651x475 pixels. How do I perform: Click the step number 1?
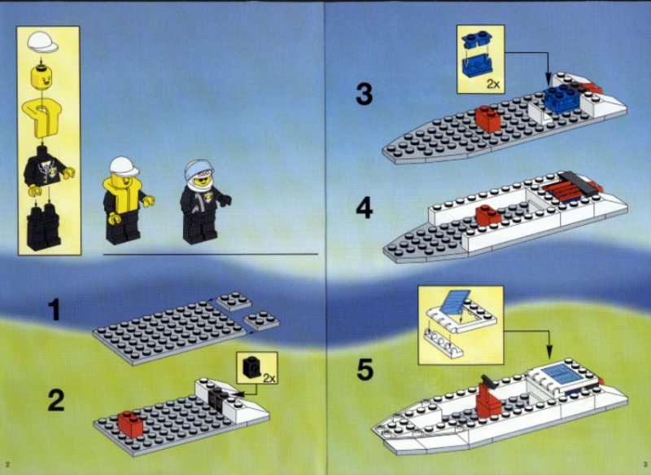coord(54,310)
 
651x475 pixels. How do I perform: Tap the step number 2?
coord(55,400)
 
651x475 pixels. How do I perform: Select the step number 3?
coord(364,95)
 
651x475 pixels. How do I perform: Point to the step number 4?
coord(364,209)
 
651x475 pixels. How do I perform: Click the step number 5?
coord(365,369)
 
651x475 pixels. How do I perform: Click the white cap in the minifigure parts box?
coord(43,42)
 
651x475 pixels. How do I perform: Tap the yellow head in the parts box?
coord(42,77)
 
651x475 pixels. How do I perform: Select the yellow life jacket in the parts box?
coord(42,117)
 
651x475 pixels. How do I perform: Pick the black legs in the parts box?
coord(43,227)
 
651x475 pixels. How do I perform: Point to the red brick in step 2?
coord(130,424)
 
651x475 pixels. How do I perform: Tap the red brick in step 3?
coord(488,119)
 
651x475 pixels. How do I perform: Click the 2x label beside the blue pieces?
coord(493,85)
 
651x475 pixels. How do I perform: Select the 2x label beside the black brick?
coord(269,378)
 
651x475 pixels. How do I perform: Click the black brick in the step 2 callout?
coord(251,367)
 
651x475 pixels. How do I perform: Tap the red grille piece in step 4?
coord(564,191)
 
